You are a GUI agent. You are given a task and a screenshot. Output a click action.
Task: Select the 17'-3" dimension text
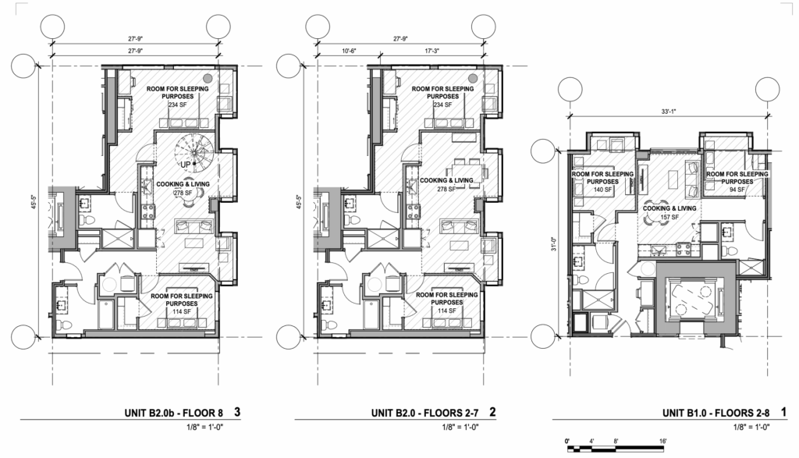point(445,51)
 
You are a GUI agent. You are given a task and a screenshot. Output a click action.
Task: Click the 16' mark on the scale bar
point(662,442)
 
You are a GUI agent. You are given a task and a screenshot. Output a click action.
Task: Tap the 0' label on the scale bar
point(567,442)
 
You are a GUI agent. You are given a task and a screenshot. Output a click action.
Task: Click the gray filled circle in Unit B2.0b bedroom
point(207,78)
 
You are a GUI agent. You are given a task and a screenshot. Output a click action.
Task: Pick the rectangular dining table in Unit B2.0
point(467,169)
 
